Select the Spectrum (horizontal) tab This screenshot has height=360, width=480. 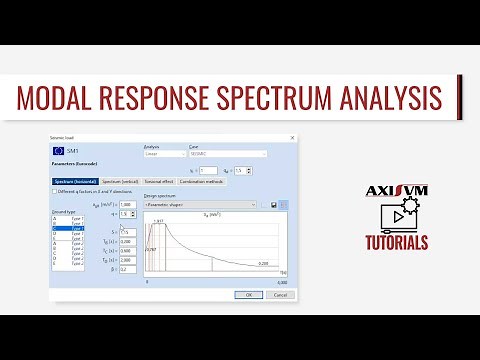pos(79,181)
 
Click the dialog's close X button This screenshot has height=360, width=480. pos(292,137)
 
